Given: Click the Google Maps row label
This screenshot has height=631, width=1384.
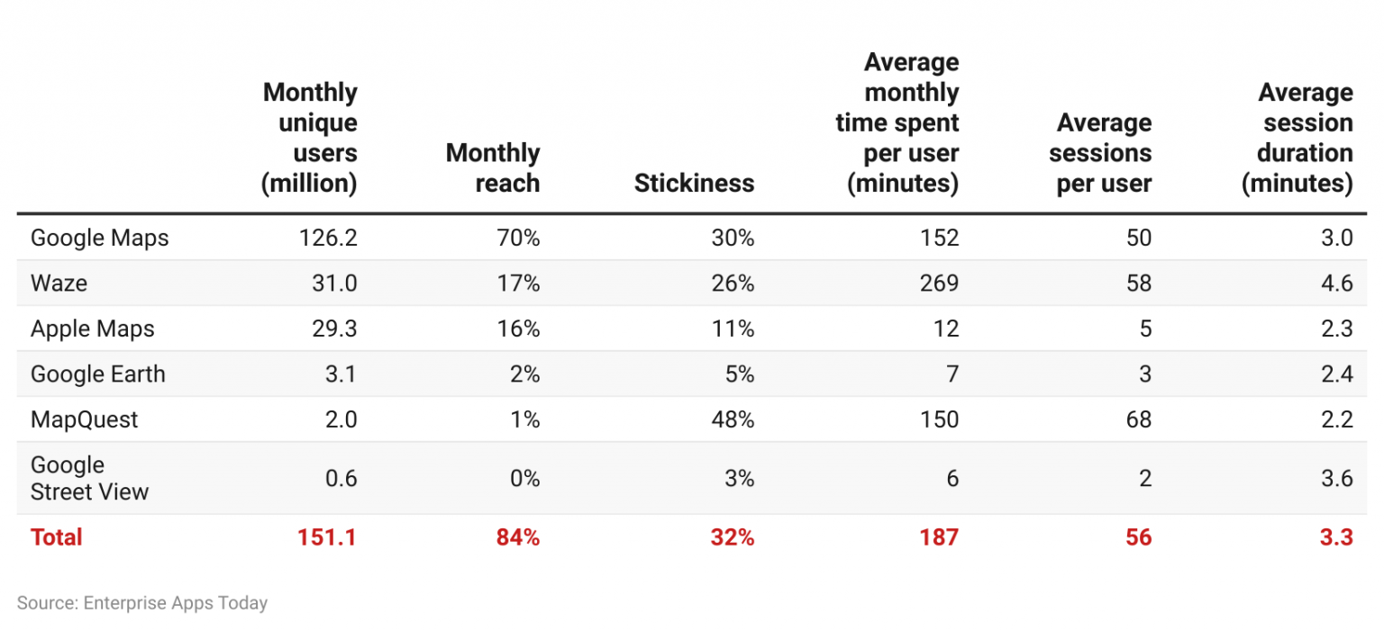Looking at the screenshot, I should [x=99, y=238].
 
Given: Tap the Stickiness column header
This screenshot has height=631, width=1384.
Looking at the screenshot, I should [x=694, y=183].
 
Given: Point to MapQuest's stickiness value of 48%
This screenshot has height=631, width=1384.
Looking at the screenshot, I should [x=733, y=419].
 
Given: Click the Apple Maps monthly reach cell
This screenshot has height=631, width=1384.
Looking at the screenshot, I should [x=518, y=329].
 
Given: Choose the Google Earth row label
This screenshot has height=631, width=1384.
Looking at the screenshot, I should [x=97, y=374].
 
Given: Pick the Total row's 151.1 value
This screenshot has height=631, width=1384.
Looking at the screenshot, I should [x=327, y=537].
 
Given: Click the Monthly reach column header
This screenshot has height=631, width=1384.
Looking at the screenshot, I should [x=493, y=167].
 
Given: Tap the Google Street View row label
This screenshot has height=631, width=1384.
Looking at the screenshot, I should [x=89, y=478].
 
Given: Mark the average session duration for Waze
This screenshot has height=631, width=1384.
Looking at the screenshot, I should [x=1335, y=284].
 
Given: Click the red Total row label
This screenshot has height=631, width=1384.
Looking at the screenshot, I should [x=56, y=537].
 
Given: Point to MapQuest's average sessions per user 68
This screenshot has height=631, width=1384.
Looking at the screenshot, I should [x=1139, y=419].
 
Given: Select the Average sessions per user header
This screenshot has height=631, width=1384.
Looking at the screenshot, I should [x=1100, y=152].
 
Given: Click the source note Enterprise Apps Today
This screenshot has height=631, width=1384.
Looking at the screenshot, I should [x=142, y=603].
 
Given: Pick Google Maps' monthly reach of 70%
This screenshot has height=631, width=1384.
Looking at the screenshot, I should [x=518, y=238].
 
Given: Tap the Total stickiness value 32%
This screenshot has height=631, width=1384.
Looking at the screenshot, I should [x=732, y=537].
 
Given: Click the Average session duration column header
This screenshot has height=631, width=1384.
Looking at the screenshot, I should [x=1297, y=137].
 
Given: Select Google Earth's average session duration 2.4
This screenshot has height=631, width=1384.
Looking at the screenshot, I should [x=1335, y=374].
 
